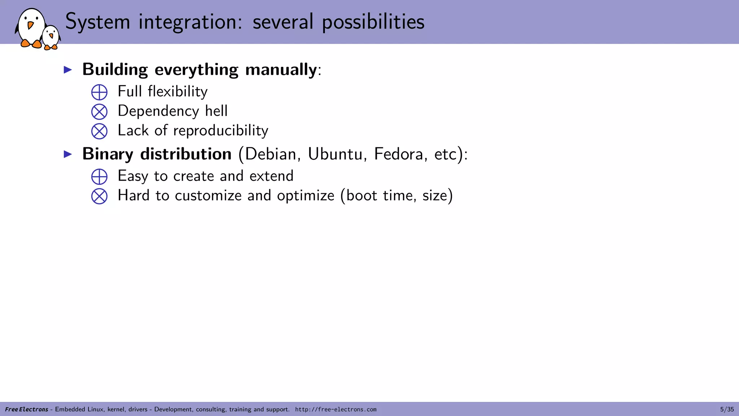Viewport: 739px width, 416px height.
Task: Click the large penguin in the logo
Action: [30, 28]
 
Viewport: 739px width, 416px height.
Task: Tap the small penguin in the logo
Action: [51, 37]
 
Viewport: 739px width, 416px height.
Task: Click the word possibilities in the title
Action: [373, 22]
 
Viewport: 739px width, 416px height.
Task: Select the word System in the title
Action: [97, 22]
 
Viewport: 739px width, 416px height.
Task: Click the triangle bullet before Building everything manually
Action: [68, 70]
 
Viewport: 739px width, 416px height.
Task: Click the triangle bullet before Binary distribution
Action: [68, 154]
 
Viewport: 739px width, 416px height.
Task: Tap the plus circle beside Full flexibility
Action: [99, 92]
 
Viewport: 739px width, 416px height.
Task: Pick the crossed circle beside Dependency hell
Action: [99, 112]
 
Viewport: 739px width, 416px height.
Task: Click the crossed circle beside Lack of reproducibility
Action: [99, 131]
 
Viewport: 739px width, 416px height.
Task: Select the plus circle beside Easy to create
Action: [99, 177]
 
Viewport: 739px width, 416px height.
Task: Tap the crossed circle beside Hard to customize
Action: [99, 196]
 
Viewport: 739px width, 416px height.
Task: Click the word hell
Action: [216, 111]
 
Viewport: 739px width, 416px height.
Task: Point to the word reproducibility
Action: [220, 131]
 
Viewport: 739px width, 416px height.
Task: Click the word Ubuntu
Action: [335, 154]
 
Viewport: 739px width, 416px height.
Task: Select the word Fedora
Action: [398, 154]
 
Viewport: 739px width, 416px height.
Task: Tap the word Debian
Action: [270, 154]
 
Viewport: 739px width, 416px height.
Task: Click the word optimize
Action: [305, 196]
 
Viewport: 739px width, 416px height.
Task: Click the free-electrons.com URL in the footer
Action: [336, 409]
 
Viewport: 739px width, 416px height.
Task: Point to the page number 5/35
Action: [727, 409]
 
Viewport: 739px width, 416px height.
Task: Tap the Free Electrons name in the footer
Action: [27, 409]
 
